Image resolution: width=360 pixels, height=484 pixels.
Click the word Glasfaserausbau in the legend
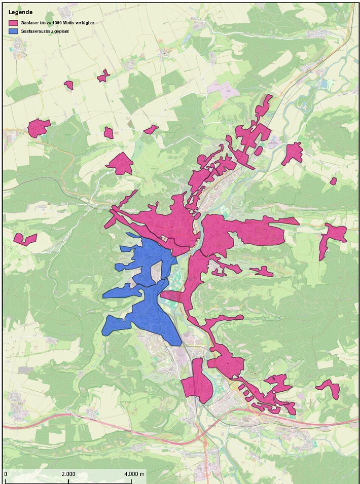click(35, 31)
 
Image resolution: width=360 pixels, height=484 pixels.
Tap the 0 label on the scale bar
click(6, 473)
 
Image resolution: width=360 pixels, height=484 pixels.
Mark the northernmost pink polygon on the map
click(103, 76)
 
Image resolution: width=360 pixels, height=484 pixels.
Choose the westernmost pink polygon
click(25, 239)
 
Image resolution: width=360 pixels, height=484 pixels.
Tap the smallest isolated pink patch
click(333, 181)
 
